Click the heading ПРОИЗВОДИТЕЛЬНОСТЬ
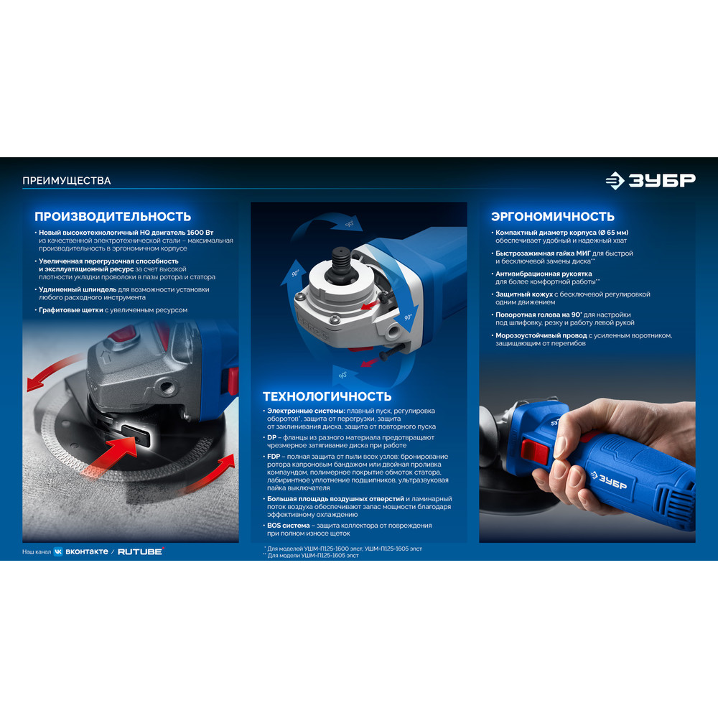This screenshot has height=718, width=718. (x=113, y=216)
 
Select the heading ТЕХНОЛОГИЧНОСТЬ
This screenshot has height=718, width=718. (x=327, y=396)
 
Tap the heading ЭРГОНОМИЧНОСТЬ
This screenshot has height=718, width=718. (x=553, y=216)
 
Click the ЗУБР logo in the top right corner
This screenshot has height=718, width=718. (x=651, y=180)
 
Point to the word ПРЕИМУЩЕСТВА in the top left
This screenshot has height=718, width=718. (x=66, y=180)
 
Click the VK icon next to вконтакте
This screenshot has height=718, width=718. (x=58, y=551)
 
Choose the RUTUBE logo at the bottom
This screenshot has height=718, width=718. (x=141, y=551)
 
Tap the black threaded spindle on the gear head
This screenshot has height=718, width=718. (x=340, y=261)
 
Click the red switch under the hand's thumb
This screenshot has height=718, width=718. (x=534, y=451)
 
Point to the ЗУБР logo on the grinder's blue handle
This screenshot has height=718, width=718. (x=609, y=480)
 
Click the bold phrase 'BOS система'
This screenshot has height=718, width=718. (x=289, y=526)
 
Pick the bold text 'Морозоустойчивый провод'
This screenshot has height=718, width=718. (x=541, y=335)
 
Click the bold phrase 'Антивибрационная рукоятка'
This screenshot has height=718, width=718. (x=544, y=274)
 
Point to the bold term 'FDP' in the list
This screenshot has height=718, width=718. (x=274, y=457)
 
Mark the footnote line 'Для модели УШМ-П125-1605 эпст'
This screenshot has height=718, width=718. (x=311, y=556)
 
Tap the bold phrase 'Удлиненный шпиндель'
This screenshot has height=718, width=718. (x=78, y=289)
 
